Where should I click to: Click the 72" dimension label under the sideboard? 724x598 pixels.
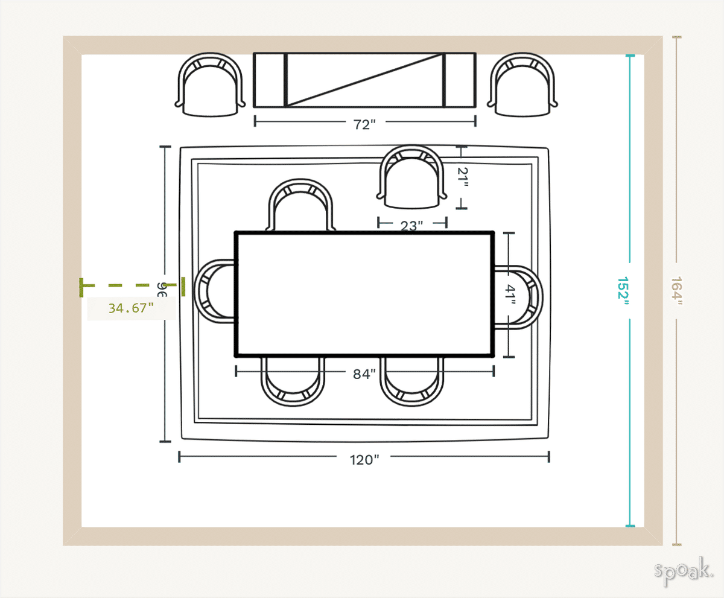tap(364, 124)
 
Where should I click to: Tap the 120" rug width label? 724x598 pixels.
tap(364, 460)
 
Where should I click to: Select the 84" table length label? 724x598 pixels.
tap(364, 374)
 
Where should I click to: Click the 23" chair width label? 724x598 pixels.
tap(412, 226)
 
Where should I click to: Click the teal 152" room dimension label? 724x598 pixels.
tap(623, 292)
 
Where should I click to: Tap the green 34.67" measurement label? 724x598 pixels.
tap(131, 308)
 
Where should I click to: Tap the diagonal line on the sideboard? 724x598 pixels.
tap(364, 80)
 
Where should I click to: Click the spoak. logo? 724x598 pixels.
tap(684, 571)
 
